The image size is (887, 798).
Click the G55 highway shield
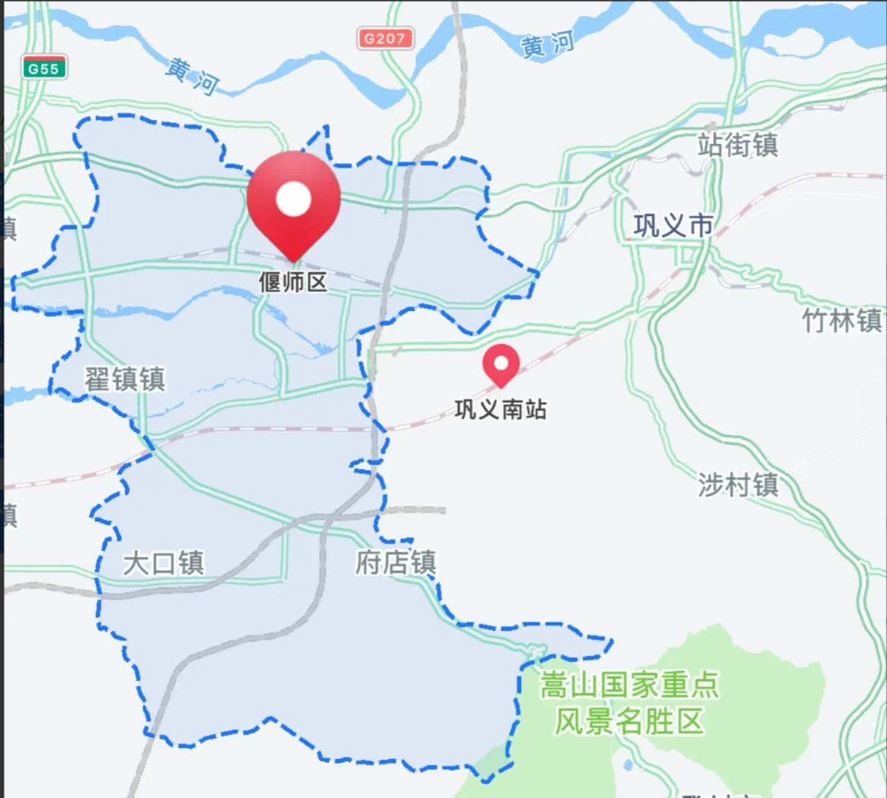coord(44,68)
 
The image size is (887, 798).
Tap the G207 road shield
coord(385,39)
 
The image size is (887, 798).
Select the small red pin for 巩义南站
coord(501,365)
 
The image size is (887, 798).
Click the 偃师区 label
coord(293,282)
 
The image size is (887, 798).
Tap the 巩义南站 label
coord(501,410)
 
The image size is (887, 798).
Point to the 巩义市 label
coord(673,226)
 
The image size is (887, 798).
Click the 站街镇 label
coord(737,145)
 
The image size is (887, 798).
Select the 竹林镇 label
coord(841,321)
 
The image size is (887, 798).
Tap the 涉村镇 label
coord(738,485)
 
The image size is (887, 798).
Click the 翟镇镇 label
coord(125,379)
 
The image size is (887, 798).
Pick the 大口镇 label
coord(163,563)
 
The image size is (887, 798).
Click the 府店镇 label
coord(396,562)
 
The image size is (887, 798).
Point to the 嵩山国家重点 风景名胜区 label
coord(630,703)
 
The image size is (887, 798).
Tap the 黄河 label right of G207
coord(547,45)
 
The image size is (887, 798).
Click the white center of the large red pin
coord(294,198)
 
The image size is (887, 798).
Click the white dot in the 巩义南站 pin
coord(501,362)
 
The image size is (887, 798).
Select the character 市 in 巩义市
coord(701,226)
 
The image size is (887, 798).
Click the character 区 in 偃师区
coord(317,282)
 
